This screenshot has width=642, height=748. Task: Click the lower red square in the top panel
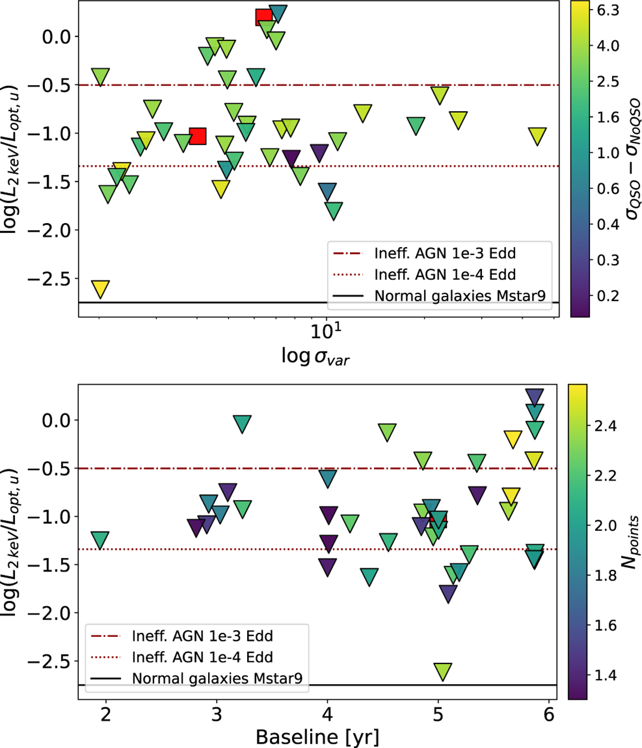coord(197,136)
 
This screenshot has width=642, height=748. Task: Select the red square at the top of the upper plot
coord(264,17)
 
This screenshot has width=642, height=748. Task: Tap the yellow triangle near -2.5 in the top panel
coord(100,288)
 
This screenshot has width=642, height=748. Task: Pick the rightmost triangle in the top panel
coord(537,136)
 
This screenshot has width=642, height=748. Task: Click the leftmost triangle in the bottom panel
coord(100,540)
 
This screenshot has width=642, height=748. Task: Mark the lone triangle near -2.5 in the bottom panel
coord(442,671)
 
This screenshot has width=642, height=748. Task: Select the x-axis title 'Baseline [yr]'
coord(317,737)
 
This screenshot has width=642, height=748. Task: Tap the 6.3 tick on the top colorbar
coord(608,10)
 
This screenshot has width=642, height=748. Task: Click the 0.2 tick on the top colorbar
coord(608,295)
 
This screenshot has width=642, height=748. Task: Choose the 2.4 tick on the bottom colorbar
coord(605,426)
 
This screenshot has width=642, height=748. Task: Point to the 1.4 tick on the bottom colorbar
coord(605,675)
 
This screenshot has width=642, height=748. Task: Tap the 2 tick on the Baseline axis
coord(106,714)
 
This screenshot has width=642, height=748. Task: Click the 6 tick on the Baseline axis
coord(549,714)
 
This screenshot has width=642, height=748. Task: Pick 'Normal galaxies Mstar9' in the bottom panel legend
coord(217,678)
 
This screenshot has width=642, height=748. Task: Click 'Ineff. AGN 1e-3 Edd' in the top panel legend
coord(445,253)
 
